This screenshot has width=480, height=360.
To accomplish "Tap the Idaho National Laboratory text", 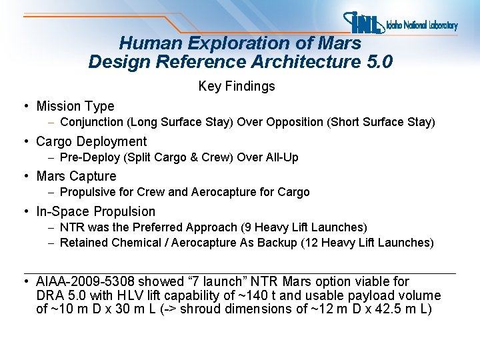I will click(x=422, y=26).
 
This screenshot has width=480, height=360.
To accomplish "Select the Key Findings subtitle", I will click(x=237, y=87).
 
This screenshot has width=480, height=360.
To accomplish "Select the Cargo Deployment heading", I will click(x=91, y=141).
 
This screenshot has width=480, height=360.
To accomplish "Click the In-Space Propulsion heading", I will click(x=95, y=212).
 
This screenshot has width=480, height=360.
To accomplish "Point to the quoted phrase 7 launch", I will click(x=221, y=282).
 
